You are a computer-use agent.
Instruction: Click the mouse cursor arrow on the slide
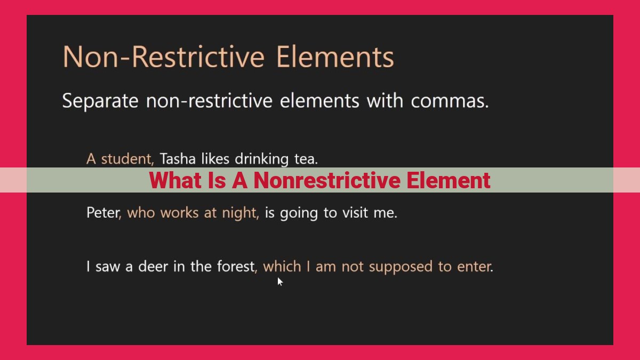coord(279,282)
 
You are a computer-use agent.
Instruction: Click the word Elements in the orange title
coord(335,57)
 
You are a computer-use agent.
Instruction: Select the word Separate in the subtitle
coord(100,101)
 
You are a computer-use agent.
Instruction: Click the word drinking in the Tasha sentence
coord(261,159)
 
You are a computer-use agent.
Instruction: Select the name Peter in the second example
coord(103,213)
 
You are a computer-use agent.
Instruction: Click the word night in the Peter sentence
coord(239,213)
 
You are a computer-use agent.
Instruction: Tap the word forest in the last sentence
coord(235,267)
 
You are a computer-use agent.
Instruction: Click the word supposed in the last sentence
coord(401,267)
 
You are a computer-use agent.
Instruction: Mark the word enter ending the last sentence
coord(474,267)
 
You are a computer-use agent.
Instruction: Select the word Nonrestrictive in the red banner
coord(327,180)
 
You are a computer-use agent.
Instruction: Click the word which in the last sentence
coord(282,267)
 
